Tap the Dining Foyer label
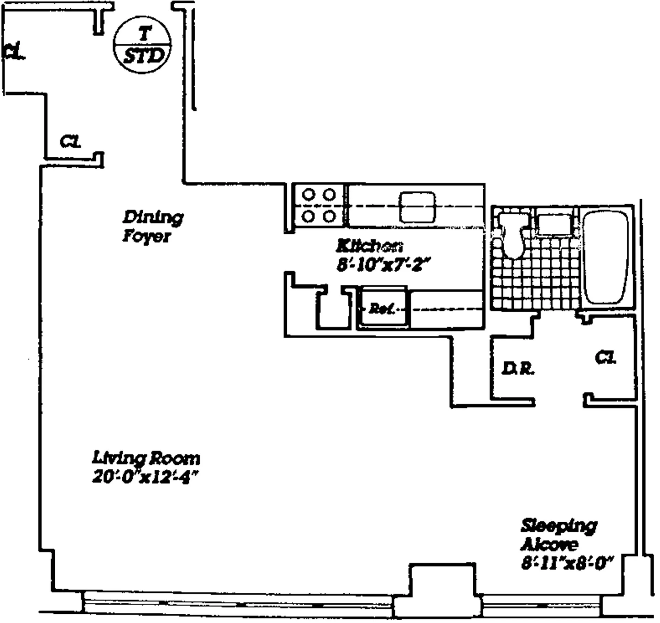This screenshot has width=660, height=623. click(152, 227)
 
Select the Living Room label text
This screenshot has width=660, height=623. click(146, 458)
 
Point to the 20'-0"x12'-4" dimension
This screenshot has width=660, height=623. click(145, 477)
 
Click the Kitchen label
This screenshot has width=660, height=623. click(370, 246)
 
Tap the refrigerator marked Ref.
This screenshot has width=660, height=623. click(382, 308)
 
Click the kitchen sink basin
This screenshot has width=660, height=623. click(417, 207)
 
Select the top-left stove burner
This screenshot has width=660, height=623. click(308, 194)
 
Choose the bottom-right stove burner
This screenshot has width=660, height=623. click(329, 216)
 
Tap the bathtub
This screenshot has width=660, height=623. click(606, 257)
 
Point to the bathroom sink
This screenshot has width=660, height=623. click(554, 224)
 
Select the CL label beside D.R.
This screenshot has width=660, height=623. click(606, 358)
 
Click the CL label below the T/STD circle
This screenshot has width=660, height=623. click(70, 142)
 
